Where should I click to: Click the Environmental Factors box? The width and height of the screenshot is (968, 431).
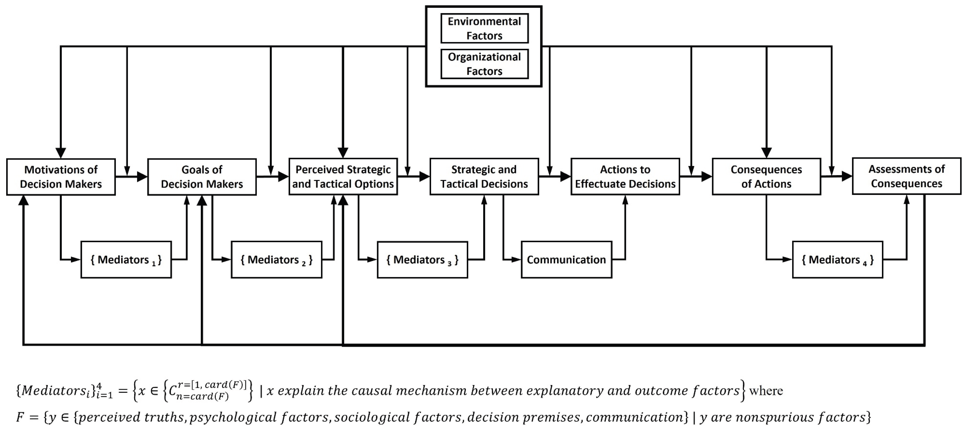coord(484,28)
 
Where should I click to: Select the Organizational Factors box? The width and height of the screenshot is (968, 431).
coord(484,64)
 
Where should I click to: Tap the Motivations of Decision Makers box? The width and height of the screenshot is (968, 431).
coord(61,177)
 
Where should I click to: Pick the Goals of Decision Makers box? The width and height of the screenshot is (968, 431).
coord(202,177)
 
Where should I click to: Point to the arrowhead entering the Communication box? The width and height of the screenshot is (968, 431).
coord(516,259)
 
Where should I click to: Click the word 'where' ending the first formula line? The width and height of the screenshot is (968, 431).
coord(766,391)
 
